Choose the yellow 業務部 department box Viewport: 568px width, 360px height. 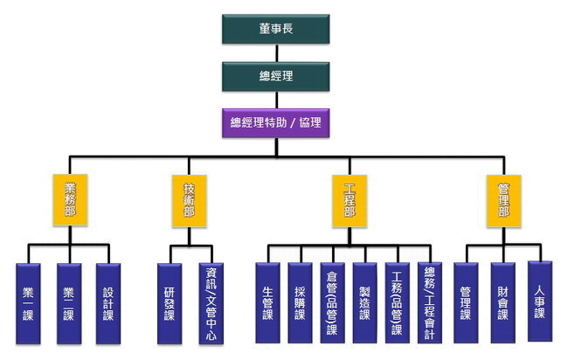point(71,201)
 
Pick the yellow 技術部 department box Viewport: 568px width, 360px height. point(189,201)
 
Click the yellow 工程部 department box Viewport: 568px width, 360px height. point(350,201)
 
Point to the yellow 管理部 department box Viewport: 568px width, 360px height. point(503,201)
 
